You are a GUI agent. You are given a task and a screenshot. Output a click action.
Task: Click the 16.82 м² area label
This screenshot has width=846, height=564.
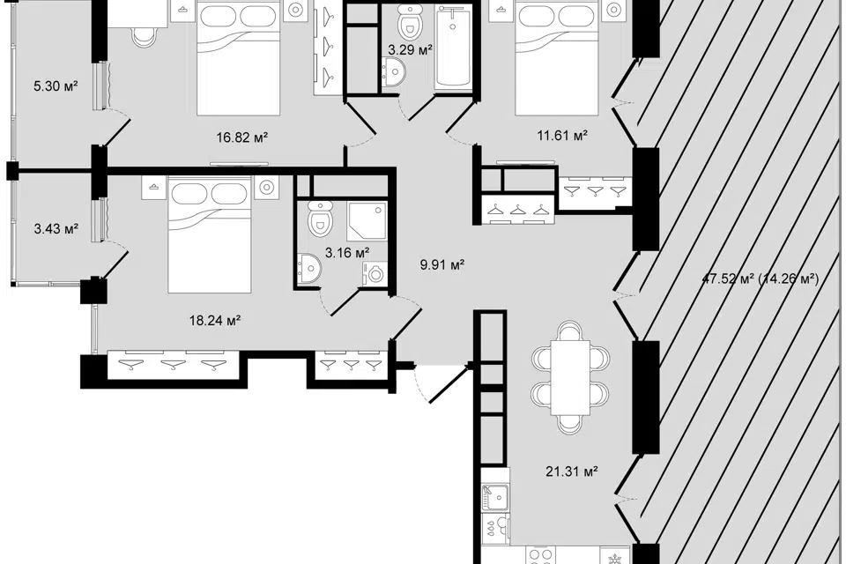pyautogui.click(x=242, y=137)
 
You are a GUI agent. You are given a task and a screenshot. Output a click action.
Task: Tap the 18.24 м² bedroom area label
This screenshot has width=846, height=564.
pyautogui.click(x=215, y=321)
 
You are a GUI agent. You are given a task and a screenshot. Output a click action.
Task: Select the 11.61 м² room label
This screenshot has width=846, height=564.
pyautogui.click(x=562, y=135)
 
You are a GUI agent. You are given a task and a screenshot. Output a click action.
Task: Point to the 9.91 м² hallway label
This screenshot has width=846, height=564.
pyautogui.click(x=442, y=264)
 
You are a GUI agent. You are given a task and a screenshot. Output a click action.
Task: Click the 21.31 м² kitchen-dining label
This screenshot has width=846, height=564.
pyautogui.click(x=571, y=471)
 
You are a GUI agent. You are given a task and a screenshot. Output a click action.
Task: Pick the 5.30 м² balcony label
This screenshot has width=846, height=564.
pyautogui.click(x=56, y=85)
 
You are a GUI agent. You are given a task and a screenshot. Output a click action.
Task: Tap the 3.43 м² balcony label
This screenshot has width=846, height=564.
pyautogui.click(x=56, y=229)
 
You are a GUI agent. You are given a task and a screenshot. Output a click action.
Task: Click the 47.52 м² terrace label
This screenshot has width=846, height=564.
pyautogui.click(x=761, y=279)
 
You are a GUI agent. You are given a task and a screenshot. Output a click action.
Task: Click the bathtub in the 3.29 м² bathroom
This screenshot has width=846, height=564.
pyautogui.click(x=453, y=46)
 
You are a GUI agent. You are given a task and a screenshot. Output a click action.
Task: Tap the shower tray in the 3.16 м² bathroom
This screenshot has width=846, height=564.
pyautogui.click(x=367, y=220)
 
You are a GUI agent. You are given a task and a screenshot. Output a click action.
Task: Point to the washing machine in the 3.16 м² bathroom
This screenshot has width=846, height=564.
pyautogui.click(x=375, y=274)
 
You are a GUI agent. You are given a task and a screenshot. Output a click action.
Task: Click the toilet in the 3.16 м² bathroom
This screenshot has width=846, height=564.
pyautogui.click(x=319, y=218)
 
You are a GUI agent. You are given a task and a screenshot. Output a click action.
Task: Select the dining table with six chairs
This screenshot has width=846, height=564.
pyautogui.click(x=570, y=377)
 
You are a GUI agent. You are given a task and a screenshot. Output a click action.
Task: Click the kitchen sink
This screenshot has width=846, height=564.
pyautogui.click(x=495, y=497)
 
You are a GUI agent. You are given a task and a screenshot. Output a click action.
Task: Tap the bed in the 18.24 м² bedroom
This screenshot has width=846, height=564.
pyautogui.click(x=210, y=234)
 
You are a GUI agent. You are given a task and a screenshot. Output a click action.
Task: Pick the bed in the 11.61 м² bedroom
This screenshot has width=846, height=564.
pyautogui.click(x=557, y=57)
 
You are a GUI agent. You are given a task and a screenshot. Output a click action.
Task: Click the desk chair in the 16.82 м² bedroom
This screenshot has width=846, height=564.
pyautogui.click(x=145, y=37)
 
